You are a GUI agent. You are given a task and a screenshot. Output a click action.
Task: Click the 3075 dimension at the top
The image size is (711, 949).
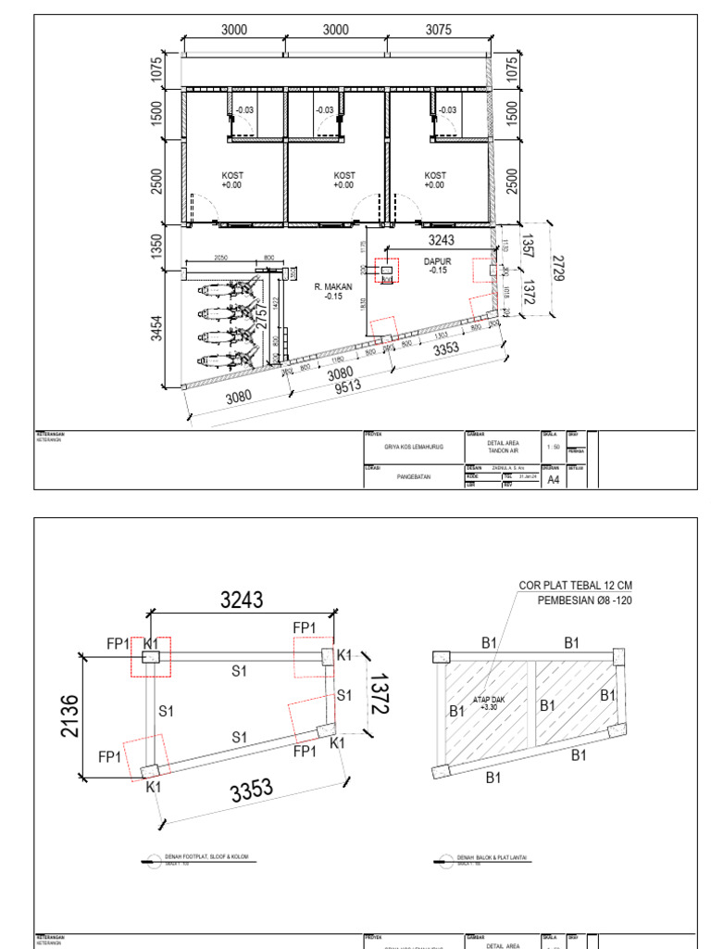click(x=439, y=30)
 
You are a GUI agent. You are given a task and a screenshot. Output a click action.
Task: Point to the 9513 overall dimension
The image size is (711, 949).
click(x=347, y=387)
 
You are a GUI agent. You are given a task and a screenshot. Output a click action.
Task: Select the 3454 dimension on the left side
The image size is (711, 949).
click(x=157, y=328)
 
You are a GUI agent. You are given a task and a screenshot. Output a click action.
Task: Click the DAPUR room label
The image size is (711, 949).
click(x=437, y=262)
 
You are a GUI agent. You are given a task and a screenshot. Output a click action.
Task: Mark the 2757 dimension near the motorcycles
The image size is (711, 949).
click(x=262, y=312)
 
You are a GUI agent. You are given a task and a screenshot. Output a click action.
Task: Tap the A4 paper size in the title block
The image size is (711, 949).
click(x=554, y=480)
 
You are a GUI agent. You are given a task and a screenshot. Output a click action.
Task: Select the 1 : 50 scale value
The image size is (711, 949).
click(x=554, y=447)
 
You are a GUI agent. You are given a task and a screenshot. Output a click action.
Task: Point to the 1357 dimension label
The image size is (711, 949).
click(x=527, y=245)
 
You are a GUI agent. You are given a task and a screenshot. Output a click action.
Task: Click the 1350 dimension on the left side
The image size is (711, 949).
click(x=157, y=246)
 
